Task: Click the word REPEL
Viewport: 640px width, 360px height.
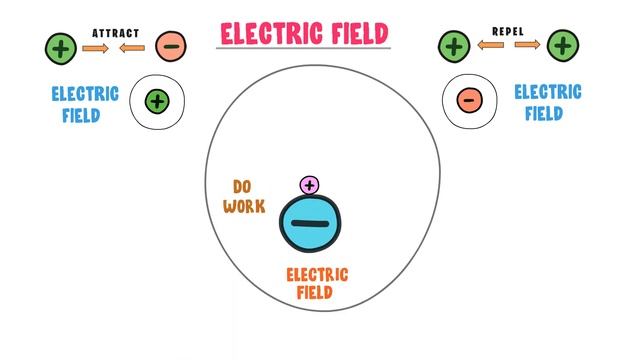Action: point(508,32)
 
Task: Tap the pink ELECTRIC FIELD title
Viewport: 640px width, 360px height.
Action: point(304,33)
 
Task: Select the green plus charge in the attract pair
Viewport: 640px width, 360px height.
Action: point(60,46)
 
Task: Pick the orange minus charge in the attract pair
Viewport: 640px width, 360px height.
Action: point(171,46)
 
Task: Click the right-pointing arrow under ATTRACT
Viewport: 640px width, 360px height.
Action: point(95,47)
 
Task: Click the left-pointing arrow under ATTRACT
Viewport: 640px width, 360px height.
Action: point(135,47)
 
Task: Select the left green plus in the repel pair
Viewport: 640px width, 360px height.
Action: point(455,45)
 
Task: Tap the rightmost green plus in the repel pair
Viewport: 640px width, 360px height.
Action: point(563,45)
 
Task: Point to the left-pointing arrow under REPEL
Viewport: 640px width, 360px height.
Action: point(490,46)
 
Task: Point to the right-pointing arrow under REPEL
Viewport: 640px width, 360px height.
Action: point(528,46)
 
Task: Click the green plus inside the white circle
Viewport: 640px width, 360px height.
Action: point(157,100)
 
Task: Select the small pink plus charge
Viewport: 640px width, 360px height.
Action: point(310,185)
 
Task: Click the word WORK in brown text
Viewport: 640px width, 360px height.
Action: point(245,206)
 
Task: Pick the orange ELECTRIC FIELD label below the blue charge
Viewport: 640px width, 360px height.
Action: point(316,284)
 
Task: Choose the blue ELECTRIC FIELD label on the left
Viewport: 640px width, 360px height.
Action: point(85,104)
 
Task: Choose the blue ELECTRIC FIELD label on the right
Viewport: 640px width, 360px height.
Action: point(547,102)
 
